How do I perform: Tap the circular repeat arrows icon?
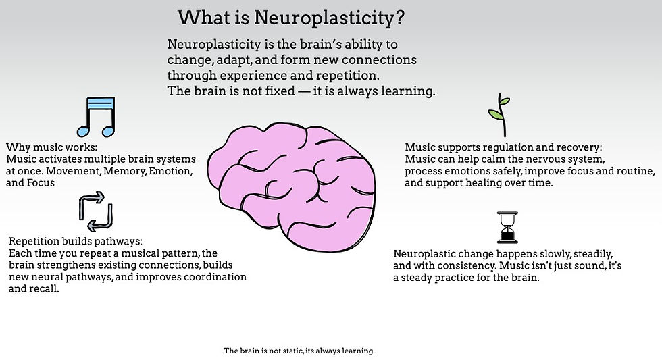point(95,211)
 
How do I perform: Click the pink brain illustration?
point(292,182)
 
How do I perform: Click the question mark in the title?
point(400,18)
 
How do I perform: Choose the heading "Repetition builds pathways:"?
point(76,241)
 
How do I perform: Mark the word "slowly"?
point(532,254)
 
